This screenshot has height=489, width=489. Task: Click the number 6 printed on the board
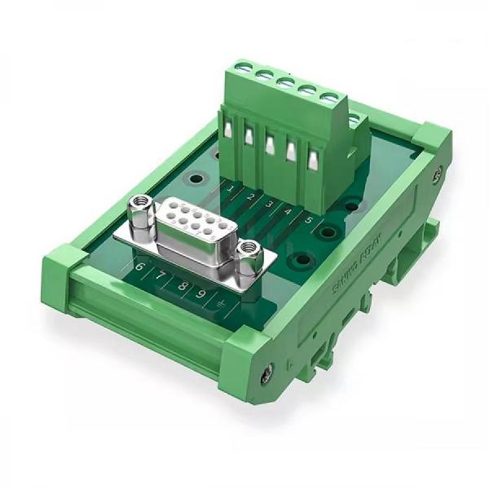click(x=140, y=267)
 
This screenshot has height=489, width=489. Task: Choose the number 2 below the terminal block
click(x=250, y=198)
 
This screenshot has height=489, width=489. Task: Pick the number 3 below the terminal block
click(x=270, y=205)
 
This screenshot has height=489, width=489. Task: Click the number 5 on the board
click(x=308, y=219)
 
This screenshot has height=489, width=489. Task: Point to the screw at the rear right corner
click(x=438, y=173)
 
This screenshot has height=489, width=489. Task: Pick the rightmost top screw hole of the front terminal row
click(x=330, y=99)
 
